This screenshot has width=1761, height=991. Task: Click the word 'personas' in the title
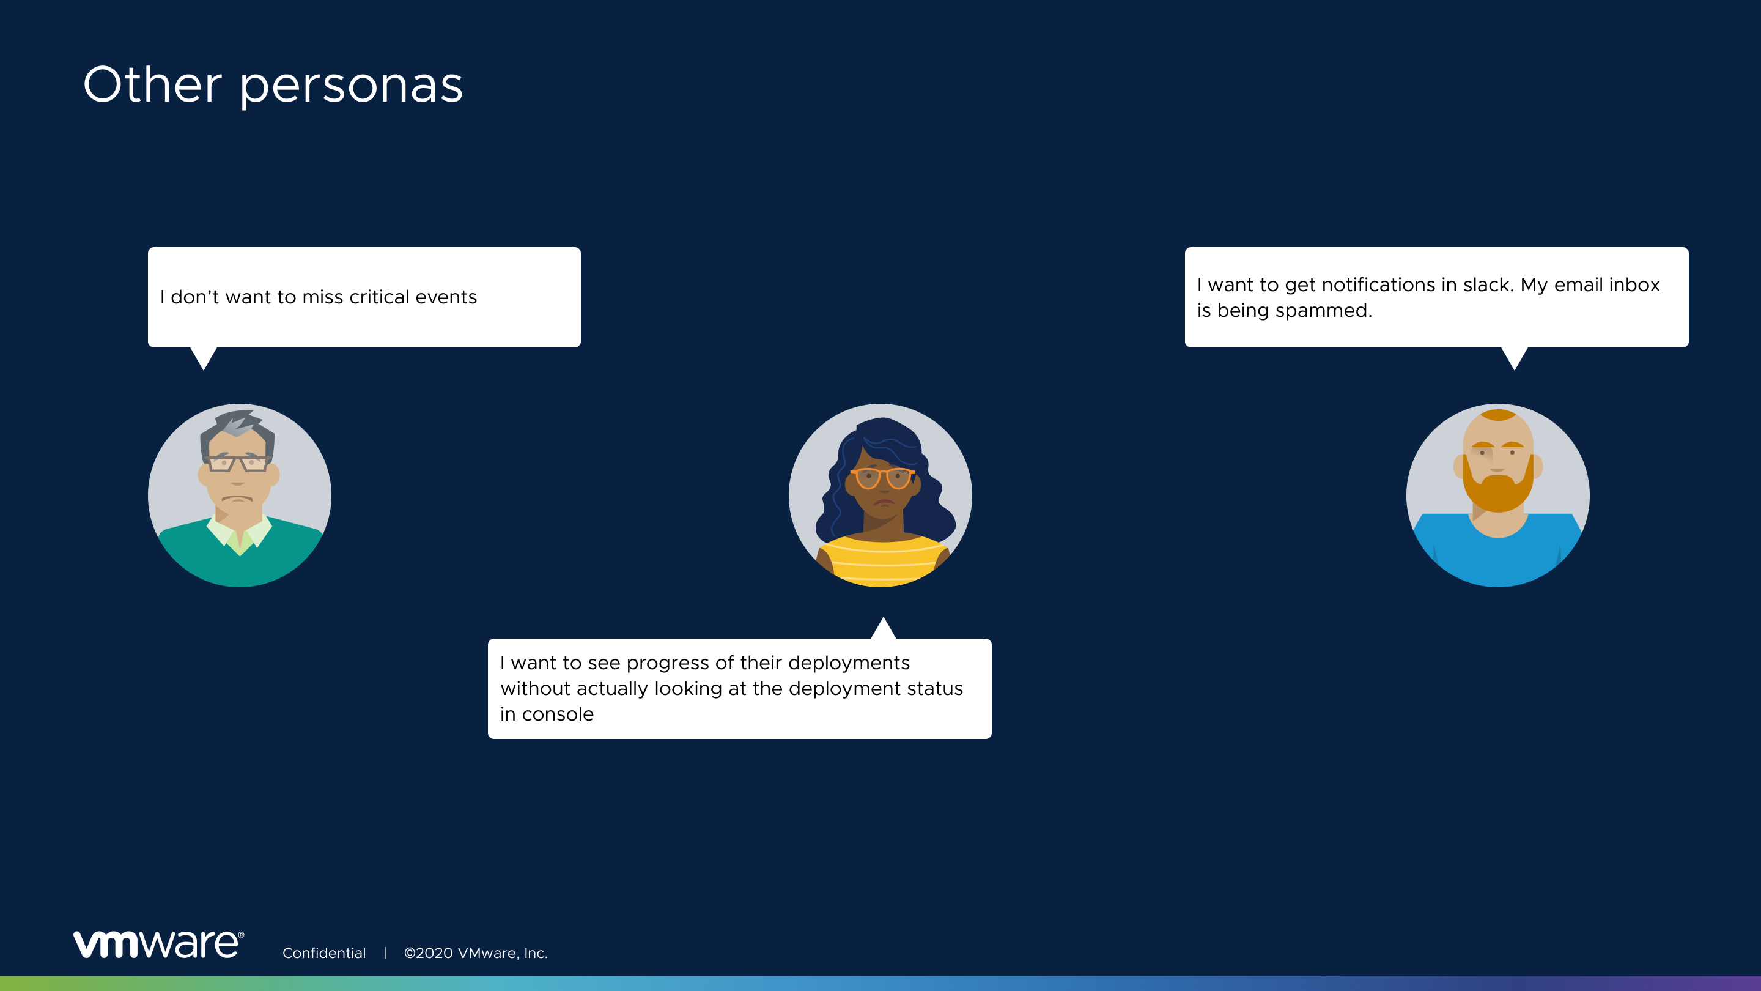pos(352,87)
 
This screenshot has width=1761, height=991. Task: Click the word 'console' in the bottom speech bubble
pos(558,714)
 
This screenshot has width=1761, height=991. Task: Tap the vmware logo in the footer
pos(158,944)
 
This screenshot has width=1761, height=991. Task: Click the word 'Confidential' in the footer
pos(324,952)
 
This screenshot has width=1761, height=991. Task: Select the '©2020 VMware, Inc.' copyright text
pos(476,952)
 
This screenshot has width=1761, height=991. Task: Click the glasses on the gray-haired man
pos(237,463)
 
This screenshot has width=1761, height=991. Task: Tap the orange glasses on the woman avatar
pos(882,477)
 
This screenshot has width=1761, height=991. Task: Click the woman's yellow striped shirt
pos(882,562)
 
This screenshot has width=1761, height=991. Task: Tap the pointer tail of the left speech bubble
pos(204,358)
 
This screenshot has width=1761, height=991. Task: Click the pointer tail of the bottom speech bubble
pos(883,628)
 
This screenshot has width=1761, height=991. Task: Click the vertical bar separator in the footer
pos(385,952)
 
